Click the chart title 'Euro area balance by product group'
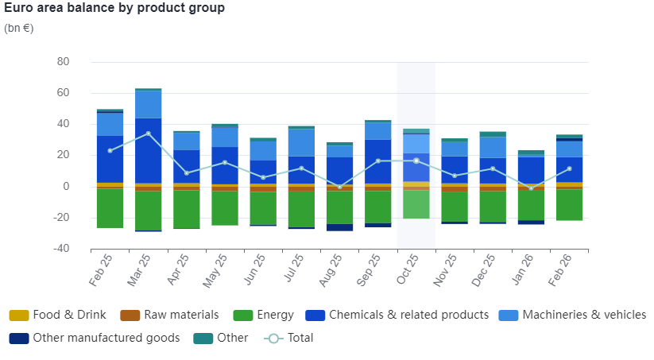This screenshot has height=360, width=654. point(114,8)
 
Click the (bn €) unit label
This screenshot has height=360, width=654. point(19,28)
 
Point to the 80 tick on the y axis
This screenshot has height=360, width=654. point(63,62)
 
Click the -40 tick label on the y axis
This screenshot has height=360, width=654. point(60,249)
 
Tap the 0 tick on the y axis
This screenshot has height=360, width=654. point(67,187)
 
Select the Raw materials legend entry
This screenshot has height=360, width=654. point(180,315)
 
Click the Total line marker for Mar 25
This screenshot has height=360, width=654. point(148,134)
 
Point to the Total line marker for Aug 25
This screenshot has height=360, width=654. point(339,187)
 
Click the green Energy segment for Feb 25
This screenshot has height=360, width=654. point(110,208)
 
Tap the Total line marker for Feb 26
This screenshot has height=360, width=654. point(569,168)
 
